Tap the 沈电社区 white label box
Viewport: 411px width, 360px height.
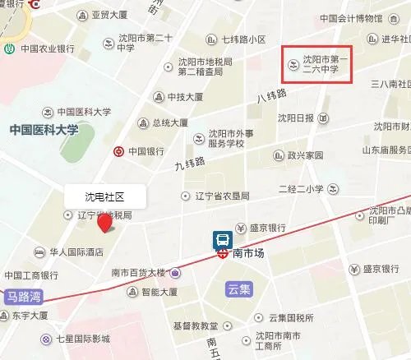coord(105,197)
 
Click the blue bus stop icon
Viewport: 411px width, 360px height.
coord(223,240)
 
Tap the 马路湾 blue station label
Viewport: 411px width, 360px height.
coord(23,294)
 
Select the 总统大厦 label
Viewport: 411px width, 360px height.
coord(172,123)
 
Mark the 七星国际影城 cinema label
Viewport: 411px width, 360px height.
coord(89,339)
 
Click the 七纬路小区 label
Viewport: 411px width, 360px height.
coord(244,39)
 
